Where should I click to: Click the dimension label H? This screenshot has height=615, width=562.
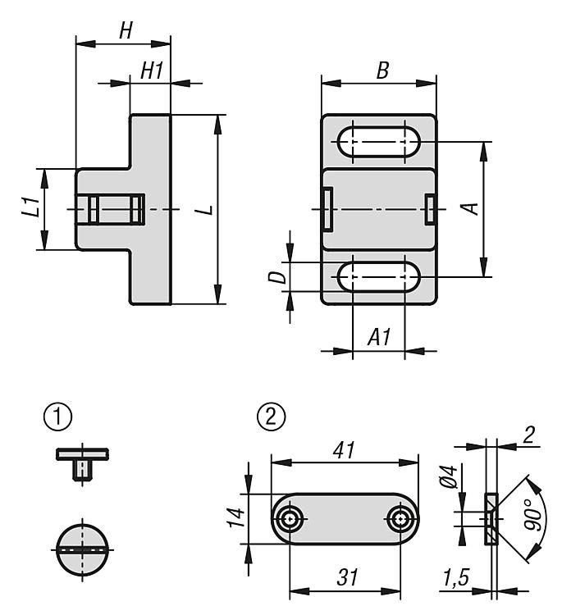click(126, 31)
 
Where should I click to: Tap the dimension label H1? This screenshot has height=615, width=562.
click(152, 71)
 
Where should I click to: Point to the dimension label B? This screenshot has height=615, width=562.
click(382, 71)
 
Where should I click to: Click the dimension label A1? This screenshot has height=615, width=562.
click(378, 335)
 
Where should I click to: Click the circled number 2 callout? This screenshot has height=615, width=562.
click(272, 417)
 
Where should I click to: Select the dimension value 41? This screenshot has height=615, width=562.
click(345, 451)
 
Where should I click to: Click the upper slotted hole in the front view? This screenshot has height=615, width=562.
click(377, 142)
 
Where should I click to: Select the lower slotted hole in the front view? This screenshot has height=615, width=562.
click(377, 277)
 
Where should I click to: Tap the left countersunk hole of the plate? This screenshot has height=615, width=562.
click(290, 518)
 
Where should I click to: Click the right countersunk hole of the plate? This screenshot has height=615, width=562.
click(400, 518)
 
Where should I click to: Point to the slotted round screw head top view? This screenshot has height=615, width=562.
click(84, 548)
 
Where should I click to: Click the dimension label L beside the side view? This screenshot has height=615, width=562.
click(208, 209)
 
